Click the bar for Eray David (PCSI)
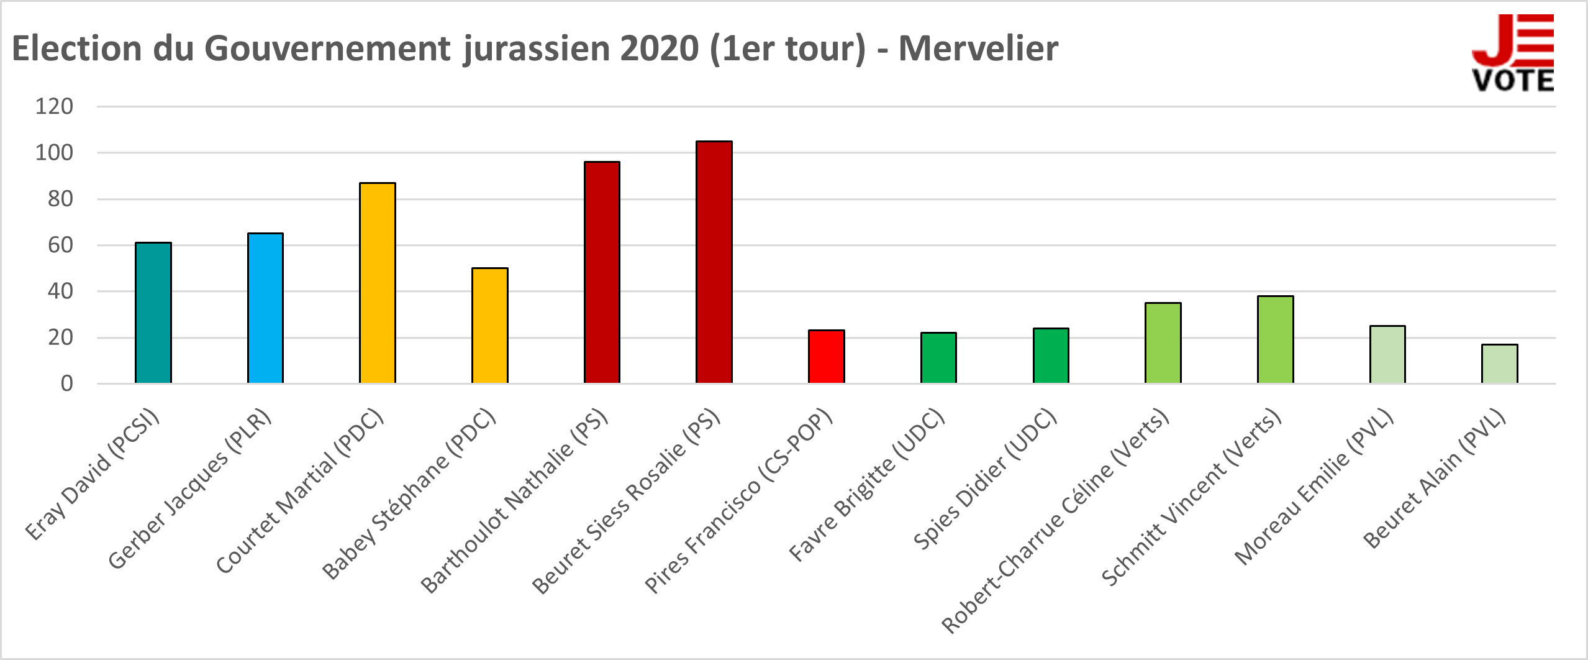coord(153,313)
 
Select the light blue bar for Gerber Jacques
coord(265,308)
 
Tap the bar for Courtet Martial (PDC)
coord(378,283)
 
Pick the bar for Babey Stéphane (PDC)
coord(490,326)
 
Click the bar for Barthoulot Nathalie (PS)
coord(602,272)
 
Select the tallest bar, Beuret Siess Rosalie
coord(714,262)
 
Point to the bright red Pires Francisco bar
coord(827,357)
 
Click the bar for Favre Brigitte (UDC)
coord(938,358)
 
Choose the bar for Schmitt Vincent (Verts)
coord(1276,339)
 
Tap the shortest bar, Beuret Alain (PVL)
coord(1500,364)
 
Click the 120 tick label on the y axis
coord(54,106)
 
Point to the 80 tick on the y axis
coord(60,199)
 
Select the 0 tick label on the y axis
coord(66,383)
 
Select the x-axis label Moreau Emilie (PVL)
coord(1314,487)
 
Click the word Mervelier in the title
coord(978,48)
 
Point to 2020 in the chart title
coord(659,48)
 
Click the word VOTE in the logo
coord(1513,81)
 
